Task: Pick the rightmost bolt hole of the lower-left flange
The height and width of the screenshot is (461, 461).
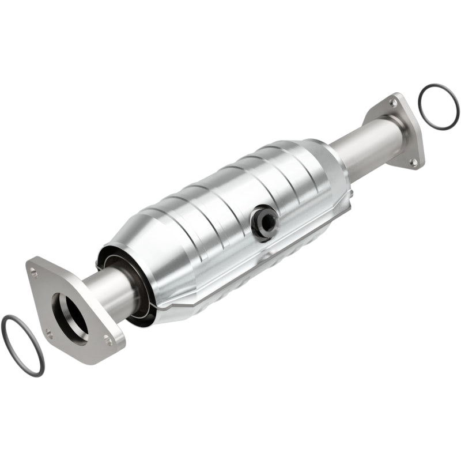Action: click(x=108, y=341)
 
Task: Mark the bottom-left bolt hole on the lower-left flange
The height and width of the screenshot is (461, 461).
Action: click(x=48, y=333)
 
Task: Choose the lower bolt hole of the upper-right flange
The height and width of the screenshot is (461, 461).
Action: click(x=413, y=163)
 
